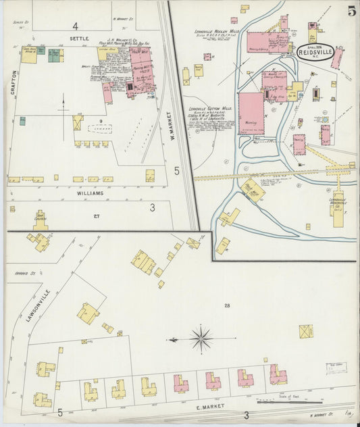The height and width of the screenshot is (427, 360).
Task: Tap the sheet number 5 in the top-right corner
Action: pos(352,11)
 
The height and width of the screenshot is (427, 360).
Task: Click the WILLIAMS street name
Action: pos(93,193)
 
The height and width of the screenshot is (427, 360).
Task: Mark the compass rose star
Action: pos(201,336)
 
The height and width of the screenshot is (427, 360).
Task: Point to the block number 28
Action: pos(226,306)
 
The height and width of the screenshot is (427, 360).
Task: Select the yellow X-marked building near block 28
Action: pos(306,331)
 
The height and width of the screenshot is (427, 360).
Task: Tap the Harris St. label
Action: pos(16,274)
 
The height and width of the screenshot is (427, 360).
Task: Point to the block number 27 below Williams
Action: pos(97,216)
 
